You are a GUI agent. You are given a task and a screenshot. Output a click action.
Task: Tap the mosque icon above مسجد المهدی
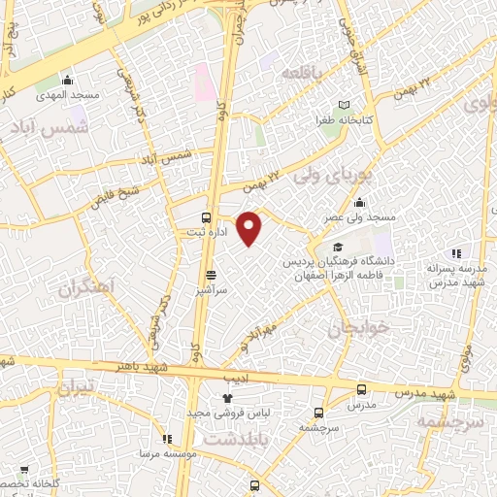[x=67, y=80]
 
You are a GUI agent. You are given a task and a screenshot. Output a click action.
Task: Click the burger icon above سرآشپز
[x=211, y=275]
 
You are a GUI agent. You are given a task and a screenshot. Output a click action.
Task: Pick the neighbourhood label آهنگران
[x=85, y=288]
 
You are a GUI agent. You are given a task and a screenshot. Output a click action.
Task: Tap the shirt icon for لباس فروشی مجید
[x=228, y=398]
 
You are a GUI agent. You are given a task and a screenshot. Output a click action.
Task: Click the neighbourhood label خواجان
[x=359, y=328]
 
